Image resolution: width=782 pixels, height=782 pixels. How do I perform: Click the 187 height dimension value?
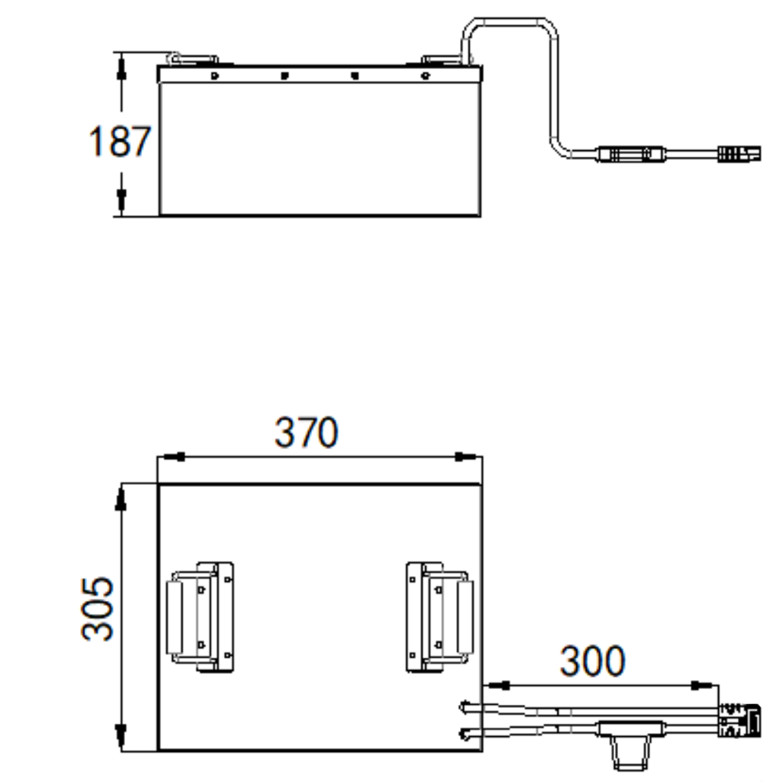tap(120, 141)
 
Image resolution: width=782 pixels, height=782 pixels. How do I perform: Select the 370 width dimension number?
tap(306, 432)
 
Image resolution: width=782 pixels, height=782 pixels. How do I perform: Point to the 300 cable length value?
tap(592, 661)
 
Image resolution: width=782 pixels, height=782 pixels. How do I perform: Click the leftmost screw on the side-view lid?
tap(214, 76)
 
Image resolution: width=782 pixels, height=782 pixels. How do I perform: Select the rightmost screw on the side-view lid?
tap(426, 76)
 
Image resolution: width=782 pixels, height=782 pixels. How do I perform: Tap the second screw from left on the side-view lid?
tap(285, 76)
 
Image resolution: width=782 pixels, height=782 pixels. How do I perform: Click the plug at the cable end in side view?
tap(740, 154)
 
